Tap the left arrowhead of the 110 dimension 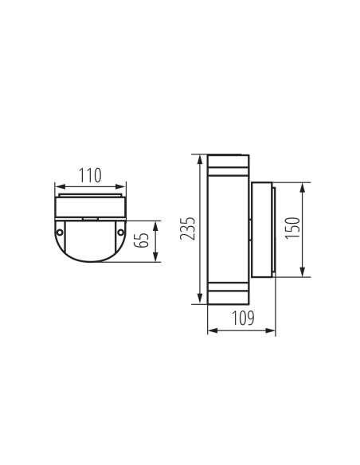pyautogui.click(x=57, y=185)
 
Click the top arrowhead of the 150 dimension pyautogui.click(x=303, y=186)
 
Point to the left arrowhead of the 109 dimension pyautogui.click(x=209, y=330)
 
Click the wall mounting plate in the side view pyautogui.click(x=263, y=229)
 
